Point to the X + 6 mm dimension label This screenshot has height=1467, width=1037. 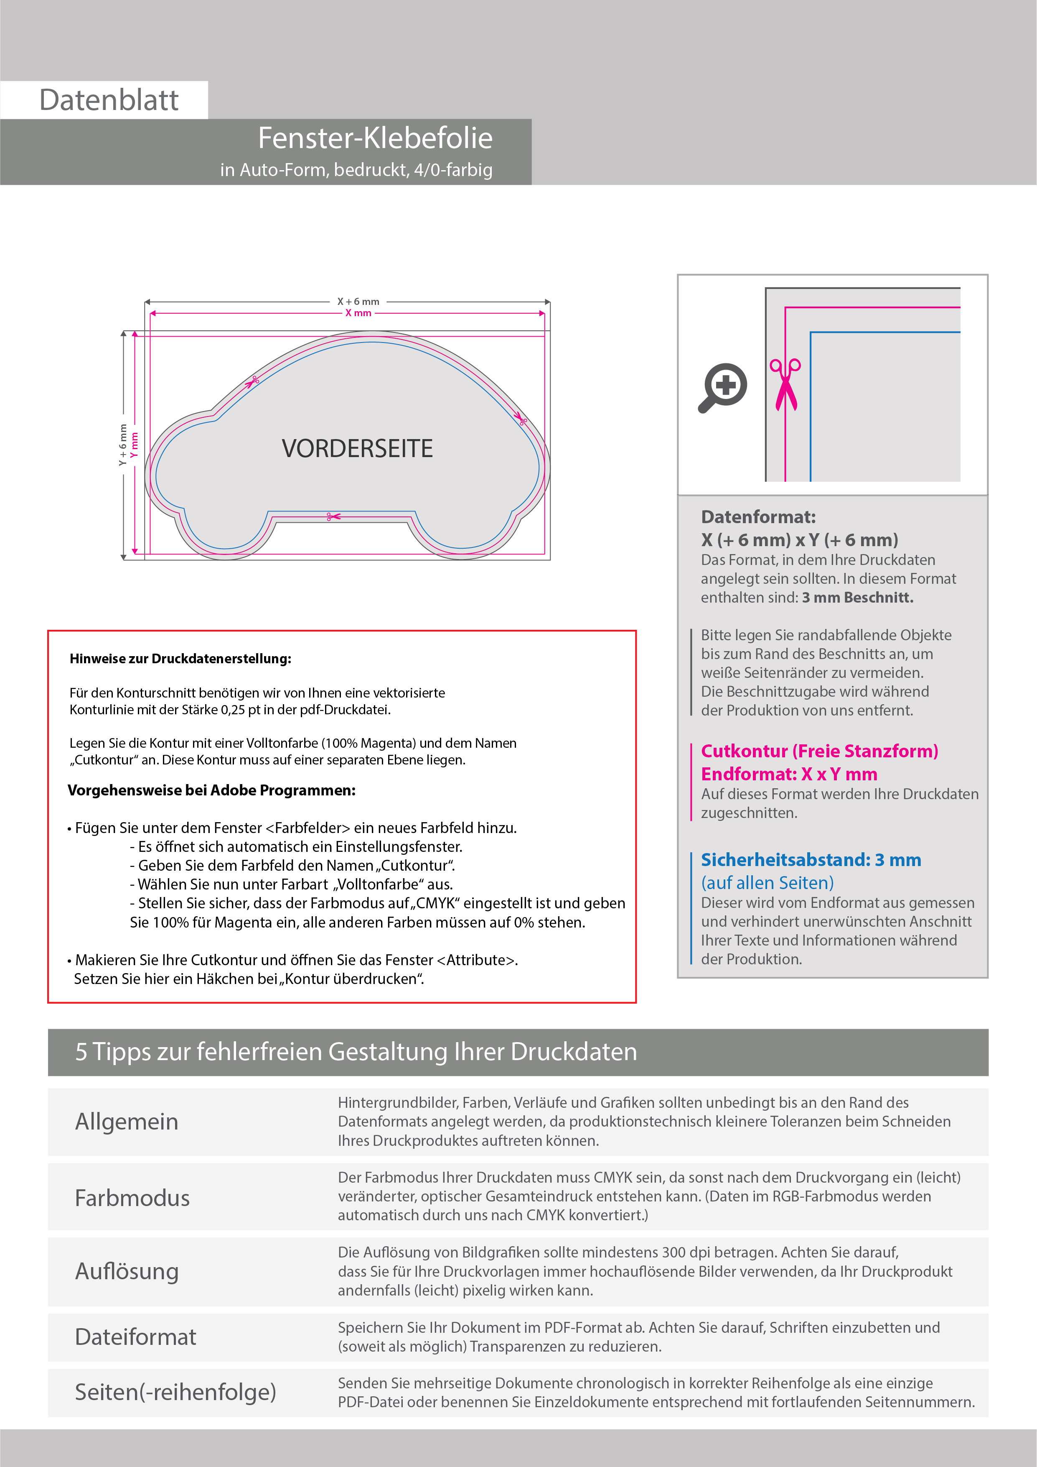coord(358,302)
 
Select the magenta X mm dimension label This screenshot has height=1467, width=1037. coord(358,313)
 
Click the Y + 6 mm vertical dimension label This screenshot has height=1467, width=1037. coord(122,445)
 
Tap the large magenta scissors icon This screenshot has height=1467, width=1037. coord(785,385)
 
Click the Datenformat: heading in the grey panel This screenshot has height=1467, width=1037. coord(758,517)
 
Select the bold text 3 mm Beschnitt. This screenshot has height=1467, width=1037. coord(858,598)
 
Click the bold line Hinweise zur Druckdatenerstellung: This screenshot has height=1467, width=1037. coord(180,659)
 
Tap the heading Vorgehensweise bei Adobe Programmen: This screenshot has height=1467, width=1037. coord(211,790)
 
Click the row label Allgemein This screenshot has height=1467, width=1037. coord(127,1121)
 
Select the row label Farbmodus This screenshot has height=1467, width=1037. coord(132,1197)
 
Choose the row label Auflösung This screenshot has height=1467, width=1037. coord(127,1271)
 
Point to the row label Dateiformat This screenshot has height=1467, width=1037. coord(135,1337)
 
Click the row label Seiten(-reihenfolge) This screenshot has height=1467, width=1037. coord(175,1392)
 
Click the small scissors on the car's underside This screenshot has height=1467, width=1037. coord(333,516)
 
